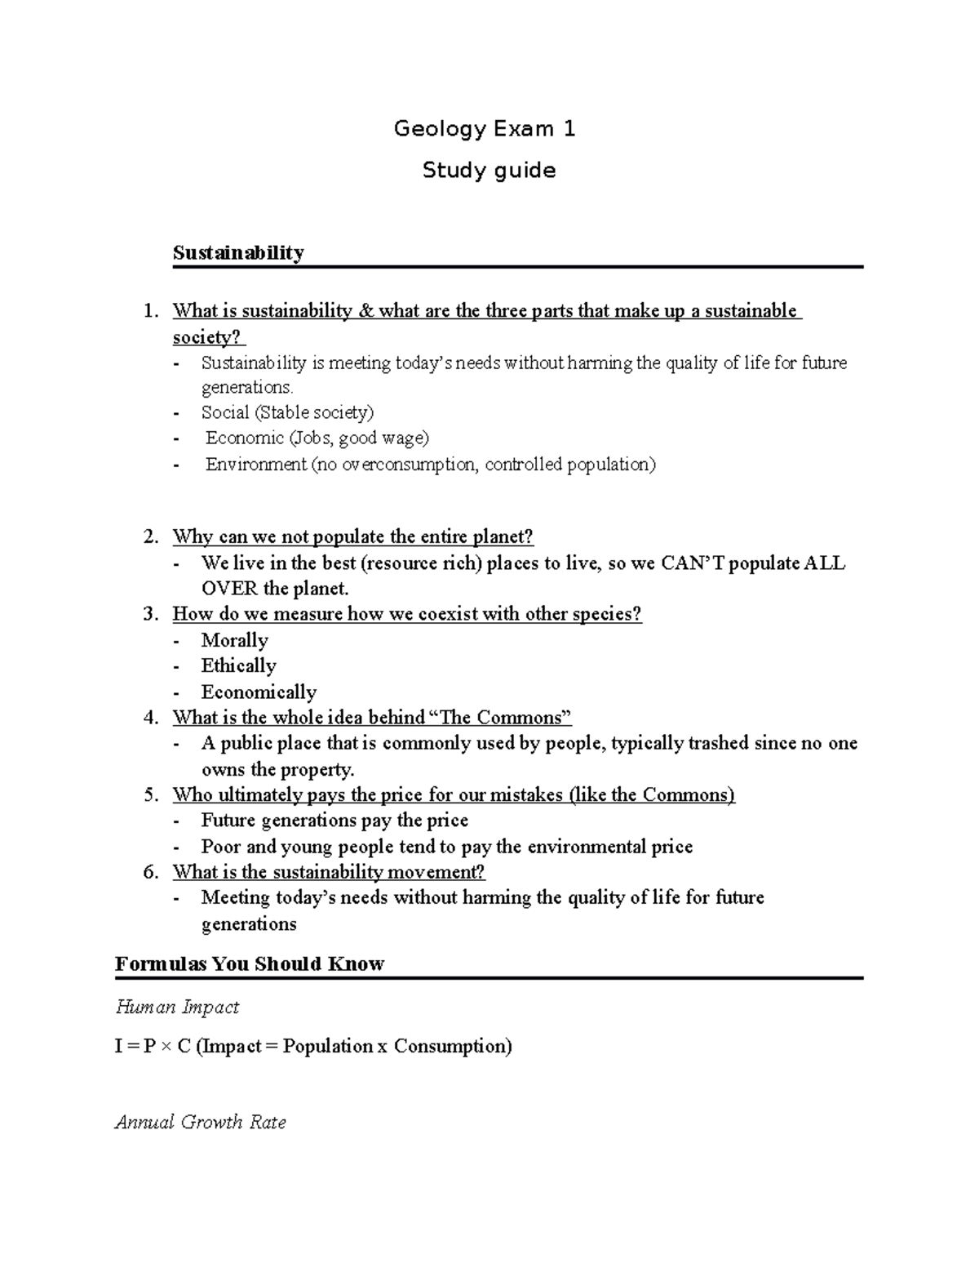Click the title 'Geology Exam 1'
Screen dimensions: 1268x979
tap(485, 129)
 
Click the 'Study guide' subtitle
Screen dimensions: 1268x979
tap(489, 171)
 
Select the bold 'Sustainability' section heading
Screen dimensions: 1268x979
tap(238, 253)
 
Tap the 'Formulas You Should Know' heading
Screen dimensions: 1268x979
tap(249, 964)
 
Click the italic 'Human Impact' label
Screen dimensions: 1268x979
tap(177, 1008)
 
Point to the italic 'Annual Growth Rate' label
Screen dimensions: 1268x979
tap(200, 1123)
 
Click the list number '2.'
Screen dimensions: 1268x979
tap(150, 537)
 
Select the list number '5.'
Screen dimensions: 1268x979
tap(150, 795)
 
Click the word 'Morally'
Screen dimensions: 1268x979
tap(234, 640)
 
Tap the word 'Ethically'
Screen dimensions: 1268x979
tap(238, 666)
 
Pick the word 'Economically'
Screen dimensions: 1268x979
tap(259, 692)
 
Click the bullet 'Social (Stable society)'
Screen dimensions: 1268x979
tap(287, 412)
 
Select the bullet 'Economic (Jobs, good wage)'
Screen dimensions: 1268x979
tap(317, 438)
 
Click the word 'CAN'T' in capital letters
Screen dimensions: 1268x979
tap(692, 563)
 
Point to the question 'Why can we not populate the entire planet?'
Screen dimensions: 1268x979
tap(352, 537)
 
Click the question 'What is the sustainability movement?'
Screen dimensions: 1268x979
tap(329, 872)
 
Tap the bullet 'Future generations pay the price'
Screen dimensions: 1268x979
tap(334, 821)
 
